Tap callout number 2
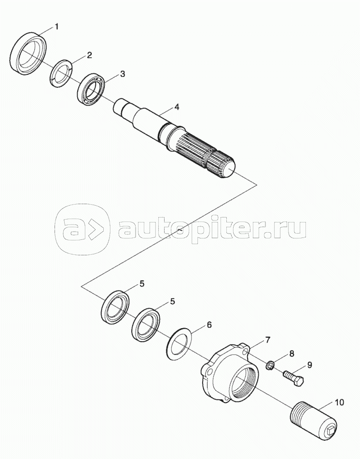pyautogui.click(x=89, y=55)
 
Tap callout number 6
pyautogui.click(x=209, y=325)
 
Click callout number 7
pyautogui.click(x=267, y=340)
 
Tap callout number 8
pyautogui.click(x=291, y=354)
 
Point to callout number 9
pyautogui.click(x=309, y=365)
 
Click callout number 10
pyautogui.click(x=339, y=403)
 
